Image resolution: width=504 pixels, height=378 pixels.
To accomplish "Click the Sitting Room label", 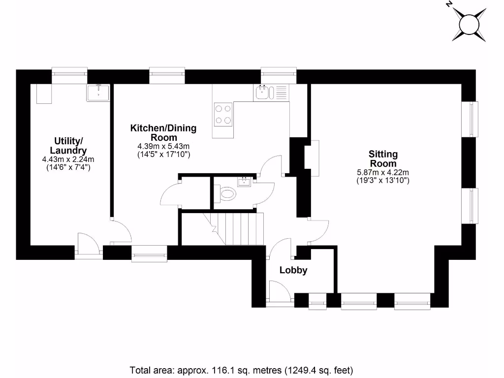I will point(383,158).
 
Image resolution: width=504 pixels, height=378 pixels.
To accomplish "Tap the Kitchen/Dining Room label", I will point(163,132).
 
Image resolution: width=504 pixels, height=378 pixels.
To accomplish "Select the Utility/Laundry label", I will point(68,146).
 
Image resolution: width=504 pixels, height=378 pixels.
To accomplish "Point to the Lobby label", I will point(293,270).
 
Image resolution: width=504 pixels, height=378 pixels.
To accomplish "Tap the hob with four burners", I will point(223,114).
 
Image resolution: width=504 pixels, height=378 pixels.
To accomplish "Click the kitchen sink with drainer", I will point(271,92).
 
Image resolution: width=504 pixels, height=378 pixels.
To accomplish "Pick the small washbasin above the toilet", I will point(244,182).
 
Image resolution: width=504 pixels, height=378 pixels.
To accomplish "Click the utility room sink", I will point(98,92).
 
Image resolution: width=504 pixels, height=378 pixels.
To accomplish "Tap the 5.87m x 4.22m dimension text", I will point(383,172).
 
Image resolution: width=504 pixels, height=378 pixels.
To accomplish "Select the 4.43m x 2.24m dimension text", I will point(68,159).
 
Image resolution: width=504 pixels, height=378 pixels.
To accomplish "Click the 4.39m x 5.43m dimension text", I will point(163,146).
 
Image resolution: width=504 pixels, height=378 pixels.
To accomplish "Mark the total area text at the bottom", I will point(242,370).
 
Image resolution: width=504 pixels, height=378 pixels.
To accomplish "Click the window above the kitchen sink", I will point(279,74).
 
